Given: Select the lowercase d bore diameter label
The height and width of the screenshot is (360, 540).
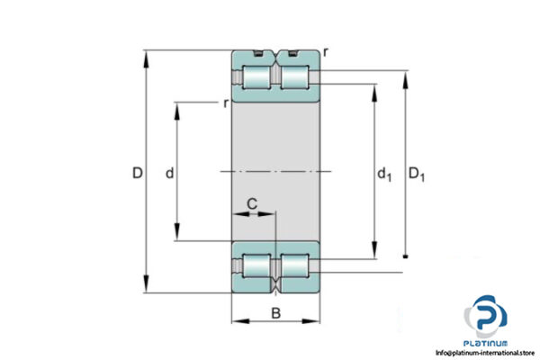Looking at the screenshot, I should pyautogui.click(x=169, y=173).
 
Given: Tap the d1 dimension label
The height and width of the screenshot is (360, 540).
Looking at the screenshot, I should pyautogui.click(x=384, y=174).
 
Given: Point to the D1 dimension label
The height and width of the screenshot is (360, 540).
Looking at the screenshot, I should pyautogui.click(x=417, y=174).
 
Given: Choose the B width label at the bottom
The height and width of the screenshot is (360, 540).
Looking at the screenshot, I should pyautogui.click(x=276, y=314).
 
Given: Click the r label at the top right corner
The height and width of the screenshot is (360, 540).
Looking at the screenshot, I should pyautogui.click(x=326, y=52).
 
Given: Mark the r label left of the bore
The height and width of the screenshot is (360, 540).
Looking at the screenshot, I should pyautogui.click(x=225, y=103).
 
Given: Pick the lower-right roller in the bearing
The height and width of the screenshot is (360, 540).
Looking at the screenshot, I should pyautogui.click(x=294, y=266).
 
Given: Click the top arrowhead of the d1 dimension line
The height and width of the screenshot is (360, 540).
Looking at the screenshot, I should pyautogui.click(x=374, y=88).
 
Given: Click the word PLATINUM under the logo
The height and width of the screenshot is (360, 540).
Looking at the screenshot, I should pyautogui.click(x=487, y=343).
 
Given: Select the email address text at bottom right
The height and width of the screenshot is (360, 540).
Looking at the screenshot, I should pyautogui.click(x=487, y=353).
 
